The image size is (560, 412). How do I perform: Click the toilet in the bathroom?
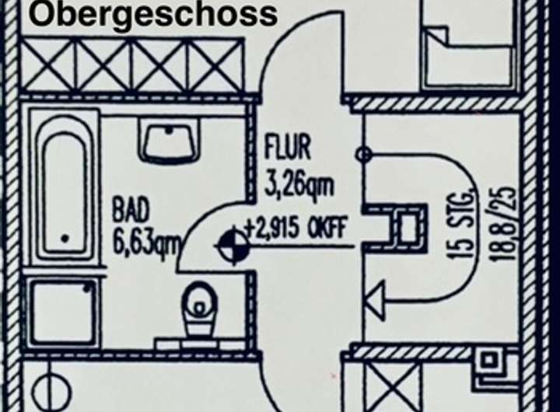[198, 307]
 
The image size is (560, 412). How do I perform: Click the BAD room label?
[131, 209]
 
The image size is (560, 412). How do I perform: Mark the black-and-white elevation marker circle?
[234, 246]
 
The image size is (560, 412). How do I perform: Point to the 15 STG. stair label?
[465, 225]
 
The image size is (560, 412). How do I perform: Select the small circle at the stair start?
[362, 155]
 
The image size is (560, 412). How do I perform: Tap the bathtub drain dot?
[64, 238]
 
